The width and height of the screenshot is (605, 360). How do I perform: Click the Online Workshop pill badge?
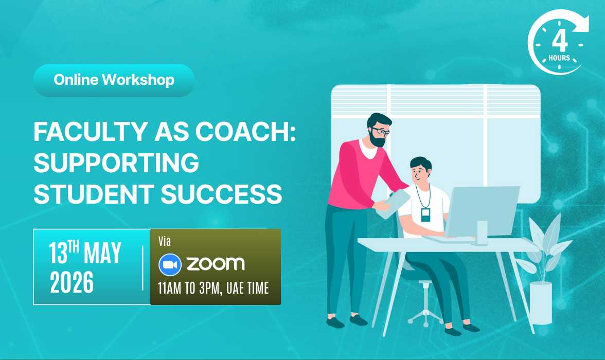(114, 80)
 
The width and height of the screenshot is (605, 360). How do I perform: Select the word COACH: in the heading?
(245, 132)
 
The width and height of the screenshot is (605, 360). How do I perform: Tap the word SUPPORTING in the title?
(116, 163)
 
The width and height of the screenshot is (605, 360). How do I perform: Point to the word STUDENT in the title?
(94, 194)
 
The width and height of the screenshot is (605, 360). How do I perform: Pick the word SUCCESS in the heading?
(221, 194)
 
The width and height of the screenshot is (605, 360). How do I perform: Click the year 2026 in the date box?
(72, 282)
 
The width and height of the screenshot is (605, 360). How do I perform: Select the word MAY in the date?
(103, 253)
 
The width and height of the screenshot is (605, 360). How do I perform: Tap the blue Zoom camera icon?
(170, 265)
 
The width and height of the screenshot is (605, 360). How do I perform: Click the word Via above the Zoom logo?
(165, 242)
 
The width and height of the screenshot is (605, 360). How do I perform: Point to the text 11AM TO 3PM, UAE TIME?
(213, 288)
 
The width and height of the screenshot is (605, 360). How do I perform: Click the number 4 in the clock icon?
(560, 41)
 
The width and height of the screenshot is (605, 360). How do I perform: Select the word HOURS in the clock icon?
(560, 58)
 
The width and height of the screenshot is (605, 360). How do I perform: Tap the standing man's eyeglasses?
(381, 131)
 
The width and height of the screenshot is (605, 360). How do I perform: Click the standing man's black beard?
(377, 139)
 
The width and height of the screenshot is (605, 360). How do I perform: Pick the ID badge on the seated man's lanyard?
(425, 214)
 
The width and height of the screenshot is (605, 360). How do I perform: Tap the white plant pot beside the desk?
(541, 303)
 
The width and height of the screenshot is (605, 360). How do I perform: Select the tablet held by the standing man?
(393, 204)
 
